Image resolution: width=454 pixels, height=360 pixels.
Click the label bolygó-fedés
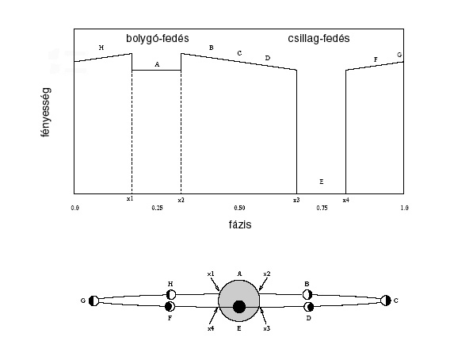(158, 39)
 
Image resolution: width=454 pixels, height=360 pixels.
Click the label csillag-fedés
(319, 39)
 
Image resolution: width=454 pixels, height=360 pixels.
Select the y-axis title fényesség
(46, 112)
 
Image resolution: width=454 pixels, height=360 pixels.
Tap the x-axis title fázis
(240, 224)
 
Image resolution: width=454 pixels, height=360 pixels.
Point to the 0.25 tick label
(157, 208)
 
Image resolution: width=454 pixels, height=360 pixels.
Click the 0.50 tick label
(239, 208)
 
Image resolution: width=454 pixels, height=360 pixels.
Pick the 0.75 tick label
(322, 208)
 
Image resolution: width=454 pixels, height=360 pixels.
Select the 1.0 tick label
(405, 208)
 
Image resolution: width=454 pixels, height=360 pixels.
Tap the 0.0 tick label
(74, 208)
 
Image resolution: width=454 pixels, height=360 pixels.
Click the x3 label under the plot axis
(296, 200)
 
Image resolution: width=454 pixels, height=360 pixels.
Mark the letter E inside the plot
(322, 182)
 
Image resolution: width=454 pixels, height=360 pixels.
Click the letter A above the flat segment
(157, 64)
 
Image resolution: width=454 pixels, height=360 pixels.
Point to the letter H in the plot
(101, 48)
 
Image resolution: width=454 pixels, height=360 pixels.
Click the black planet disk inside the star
(239, 307)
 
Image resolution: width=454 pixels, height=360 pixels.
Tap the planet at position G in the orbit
(93, 301)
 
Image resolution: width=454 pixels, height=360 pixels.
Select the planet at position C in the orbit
(386, 301)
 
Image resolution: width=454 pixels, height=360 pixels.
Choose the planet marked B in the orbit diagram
(307, 294)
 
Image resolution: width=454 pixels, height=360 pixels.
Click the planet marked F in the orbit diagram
(170, 306)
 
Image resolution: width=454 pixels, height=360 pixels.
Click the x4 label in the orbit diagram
(211, 328)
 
